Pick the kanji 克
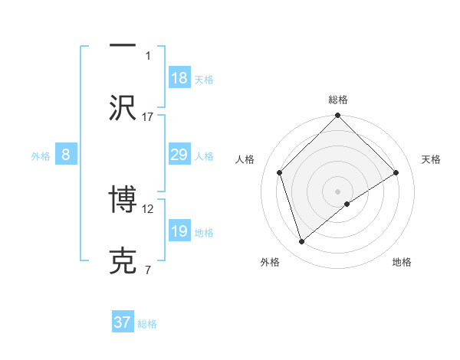click(x=123, y=261)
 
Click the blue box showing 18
click(x=179, y=77)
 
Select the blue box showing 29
click(x=179, y=155)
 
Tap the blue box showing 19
click(x=179, y=231)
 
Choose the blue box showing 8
click(x=66, y=155)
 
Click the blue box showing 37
click(x=123, y=322)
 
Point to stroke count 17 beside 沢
click(x=148, y=116)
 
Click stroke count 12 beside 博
click(x=148, y=208)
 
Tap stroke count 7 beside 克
click(x=148, y=270)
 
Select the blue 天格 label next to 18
click(x=204, y=79)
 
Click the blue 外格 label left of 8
click(x=41, y=156)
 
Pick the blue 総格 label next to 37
click(x=147, y=324)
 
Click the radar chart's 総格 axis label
click(x=338, y=100)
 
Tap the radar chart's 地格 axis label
click(x=402, y=262)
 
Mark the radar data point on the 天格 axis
click(x=396, y=172)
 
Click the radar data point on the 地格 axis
click(x=347, y=204)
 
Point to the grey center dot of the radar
click(x=337, y=191)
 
